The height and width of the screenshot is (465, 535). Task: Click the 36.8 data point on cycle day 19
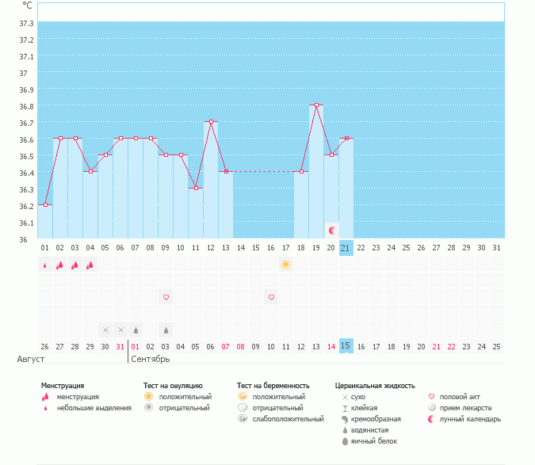(x=316, y=105)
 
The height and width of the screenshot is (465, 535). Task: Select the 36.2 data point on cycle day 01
(x=45, y=204)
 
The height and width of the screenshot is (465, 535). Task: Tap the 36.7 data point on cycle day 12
(x=211, y=121)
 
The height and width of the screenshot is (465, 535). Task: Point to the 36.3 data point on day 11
(x=196, y=188)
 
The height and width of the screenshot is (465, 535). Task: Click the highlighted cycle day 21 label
(x=346, y=248)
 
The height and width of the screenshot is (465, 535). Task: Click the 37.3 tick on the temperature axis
(x=26, y=23)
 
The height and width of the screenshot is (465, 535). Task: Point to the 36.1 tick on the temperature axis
(x=26, y=223)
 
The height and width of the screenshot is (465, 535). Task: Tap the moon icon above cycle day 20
(x=332, y=230)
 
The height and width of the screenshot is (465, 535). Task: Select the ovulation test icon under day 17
(x=286, y=265)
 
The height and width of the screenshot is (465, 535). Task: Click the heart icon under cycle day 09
(x=166, y=297)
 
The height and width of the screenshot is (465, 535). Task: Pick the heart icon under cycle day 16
(x=271, y=297)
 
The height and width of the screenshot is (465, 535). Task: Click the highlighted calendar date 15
(x=346, y=346)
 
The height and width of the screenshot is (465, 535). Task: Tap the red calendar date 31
(x=120, y=346)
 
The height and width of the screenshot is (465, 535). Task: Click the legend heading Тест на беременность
(x=273, y=386)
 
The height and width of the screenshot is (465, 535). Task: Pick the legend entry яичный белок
(x=379, y=441)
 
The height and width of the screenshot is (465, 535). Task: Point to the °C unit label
(x=27, y=6)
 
